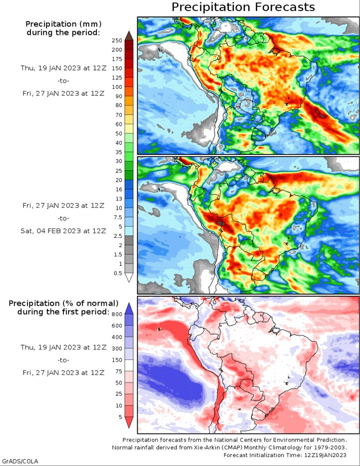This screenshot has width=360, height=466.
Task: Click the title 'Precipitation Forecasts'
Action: click(243, 7)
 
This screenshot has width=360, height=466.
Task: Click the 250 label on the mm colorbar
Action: click(117, 41)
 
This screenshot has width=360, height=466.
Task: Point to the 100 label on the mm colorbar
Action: click(117, 87)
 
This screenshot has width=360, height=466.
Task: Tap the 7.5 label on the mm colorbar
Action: click(118, 217)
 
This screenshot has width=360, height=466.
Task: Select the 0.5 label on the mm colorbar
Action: click(118, 273)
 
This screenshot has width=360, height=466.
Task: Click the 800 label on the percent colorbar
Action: click(117, 315)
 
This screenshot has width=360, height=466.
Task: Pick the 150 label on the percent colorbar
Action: click(117, 360)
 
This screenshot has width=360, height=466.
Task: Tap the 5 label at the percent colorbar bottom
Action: click(120, 417)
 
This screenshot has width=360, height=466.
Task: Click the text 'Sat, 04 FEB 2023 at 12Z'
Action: click(63, 231)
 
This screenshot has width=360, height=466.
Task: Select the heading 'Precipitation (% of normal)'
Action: click(63, 304)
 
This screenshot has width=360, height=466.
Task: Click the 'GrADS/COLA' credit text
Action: click(19, 461)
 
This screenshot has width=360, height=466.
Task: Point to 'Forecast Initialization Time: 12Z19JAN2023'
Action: click(285, 455)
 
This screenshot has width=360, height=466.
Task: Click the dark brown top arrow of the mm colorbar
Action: click(129, 35)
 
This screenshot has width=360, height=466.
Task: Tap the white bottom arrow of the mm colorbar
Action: click(129, 277)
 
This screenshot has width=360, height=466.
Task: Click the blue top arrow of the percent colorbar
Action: click(129, 309)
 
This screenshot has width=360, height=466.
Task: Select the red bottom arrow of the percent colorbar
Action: click(129, 422)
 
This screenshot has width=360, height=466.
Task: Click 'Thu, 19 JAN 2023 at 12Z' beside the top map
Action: click(63, 68)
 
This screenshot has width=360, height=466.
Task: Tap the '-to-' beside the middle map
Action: click(63, 218)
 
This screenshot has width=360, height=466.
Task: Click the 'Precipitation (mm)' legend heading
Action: click(63, 24)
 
